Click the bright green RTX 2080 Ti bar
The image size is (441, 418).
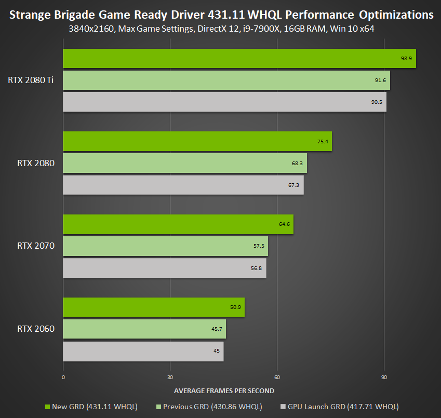[239, 59]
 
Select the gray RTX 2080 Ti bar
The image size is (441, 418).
[224, 102]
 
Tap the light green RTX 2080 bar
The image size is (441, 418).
[184, 163]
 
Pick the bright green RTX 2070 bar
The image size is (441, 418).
[178, 224]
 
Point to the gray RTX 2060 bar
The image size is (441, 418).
[143, 351]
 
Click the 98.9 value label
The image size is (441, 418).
[406, 59]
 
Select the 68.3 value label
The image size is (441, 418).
[297, 163]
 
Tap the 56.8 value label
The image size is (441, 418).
[257, 268]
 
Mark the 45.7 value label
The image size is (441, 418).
[216, 329]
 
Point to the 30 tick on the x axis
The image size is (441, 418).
[170, 377]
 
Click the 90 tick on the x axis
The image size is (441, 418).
[384, 377]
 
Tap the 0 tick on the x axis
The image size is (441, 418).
[63, 377]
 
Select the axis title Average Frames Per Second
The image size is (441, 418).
[224, 390]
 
